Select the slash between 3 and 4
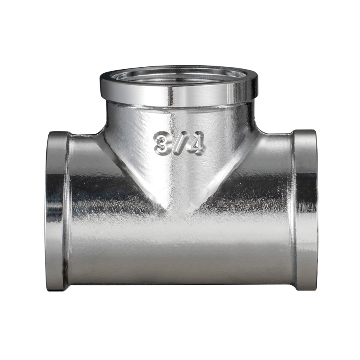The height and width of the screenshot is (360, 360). (x=178, y=144)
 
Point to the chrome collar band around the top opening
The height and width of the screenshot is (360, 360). (x=179, y=93)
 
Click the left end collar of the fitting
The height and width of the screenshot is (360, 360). (x=56, y=211)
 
